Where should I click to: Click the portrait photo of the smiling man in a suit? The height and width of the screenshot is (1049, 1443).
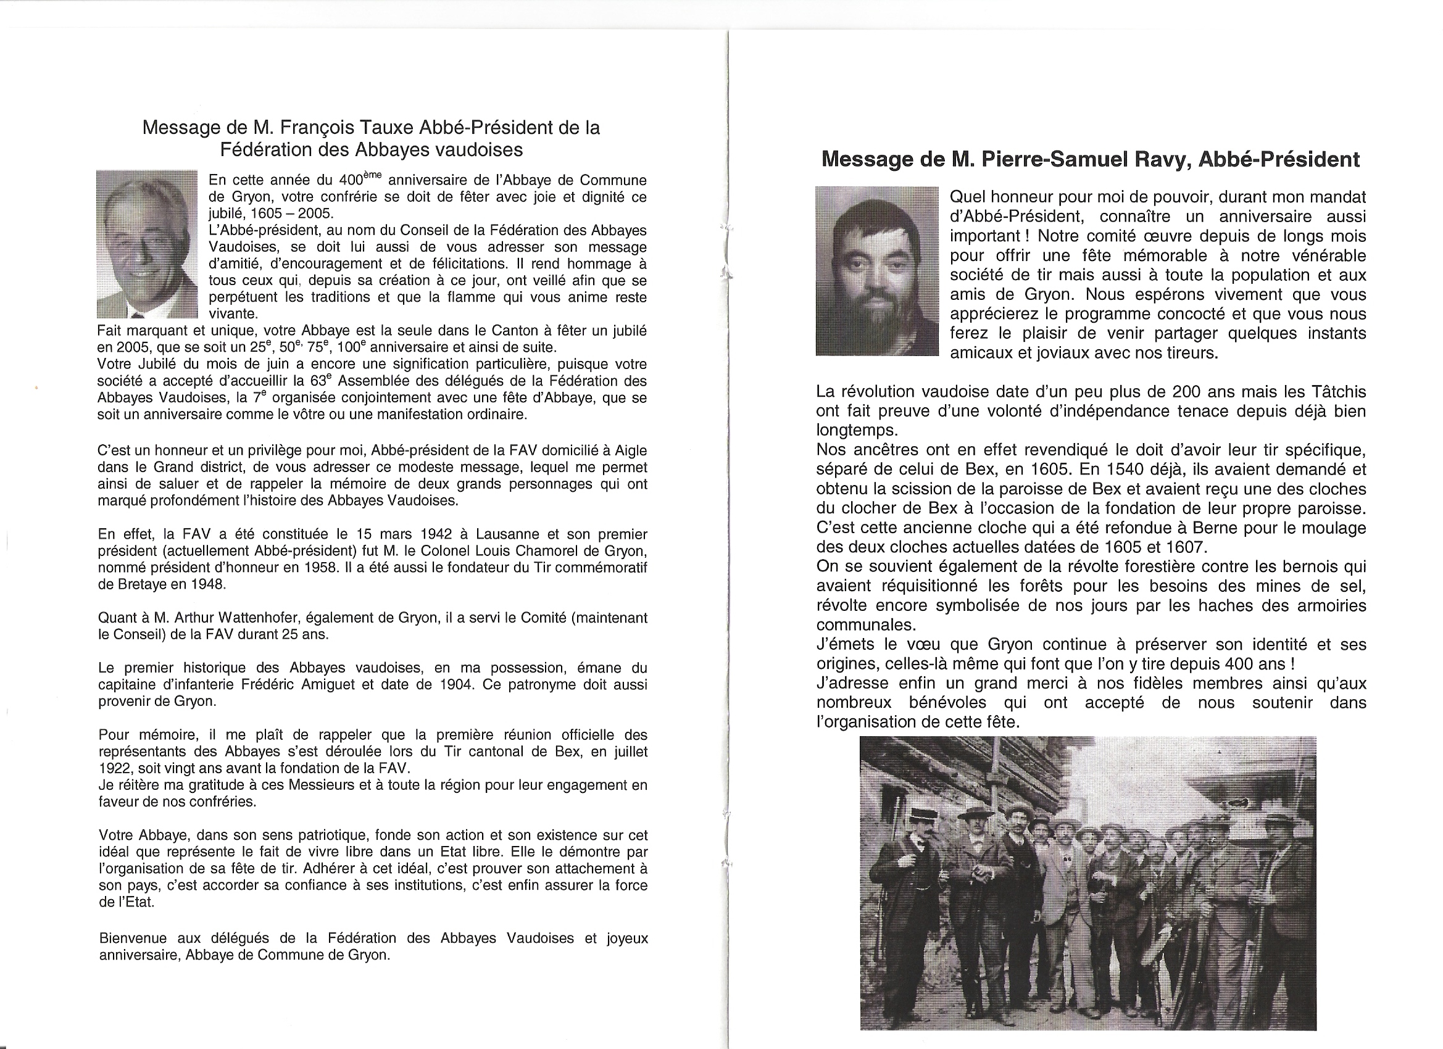pos(147,244)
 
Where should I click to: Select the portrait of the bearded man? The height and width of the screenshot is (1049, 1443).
pos(876,270)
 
